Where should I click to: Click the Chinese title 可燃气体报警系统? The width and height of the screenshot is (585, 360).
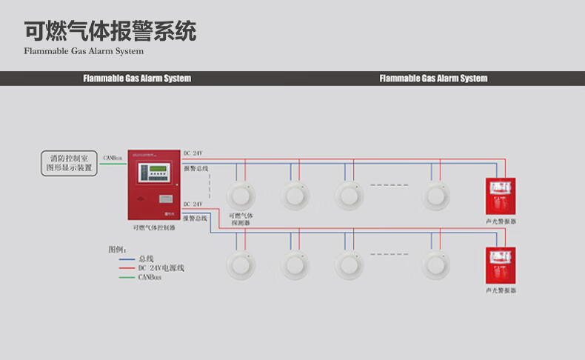pos(110,32)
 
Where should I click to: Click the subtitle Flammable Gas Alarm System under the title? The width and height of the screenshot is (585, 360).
pos(84,52)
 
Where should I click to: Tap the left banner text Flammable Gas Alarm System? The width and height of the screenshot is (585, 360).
pos(137,79)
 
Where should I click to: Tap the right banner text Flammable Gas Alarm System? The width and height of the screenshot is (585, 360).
pos(433,79)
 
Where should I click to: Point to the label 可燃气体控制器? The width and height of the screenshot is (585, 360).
pos(154,228)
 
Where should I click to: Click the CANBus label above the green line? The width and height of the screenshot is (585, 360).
pos(113,157)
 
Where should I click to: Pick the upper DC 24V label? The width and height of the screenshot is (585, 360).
pos(193,153)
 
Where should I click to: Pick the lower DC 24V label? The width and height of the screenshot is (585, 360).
pos(193,203)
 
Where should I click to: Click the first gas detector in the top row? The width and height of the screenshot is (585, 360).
pos(241,196)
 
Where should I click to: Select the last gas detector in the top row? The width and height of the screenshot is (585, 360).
pos(436,196)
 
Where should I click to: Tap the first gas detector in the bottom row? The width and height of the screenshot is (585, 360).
pos(241,265)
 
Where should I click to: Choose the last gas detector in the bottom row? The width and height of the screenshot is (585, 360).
pos(436,265)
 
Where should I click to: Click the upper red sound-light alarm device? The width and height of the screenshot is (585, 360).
pos(501,196)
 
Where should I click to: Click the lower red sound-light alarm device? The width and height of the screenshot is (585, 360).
pos(501,265)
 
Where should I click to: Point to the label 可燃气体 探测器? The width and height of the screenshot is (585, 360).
pos(241,219)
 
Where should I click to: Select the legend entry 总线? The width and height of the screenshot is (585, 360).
pos(146,259)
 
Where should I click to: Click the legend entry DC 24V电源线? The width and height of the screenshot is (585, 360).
pos(161,267)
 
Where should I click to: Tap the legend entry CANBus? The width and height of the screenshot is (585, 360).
pos(150,276)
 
